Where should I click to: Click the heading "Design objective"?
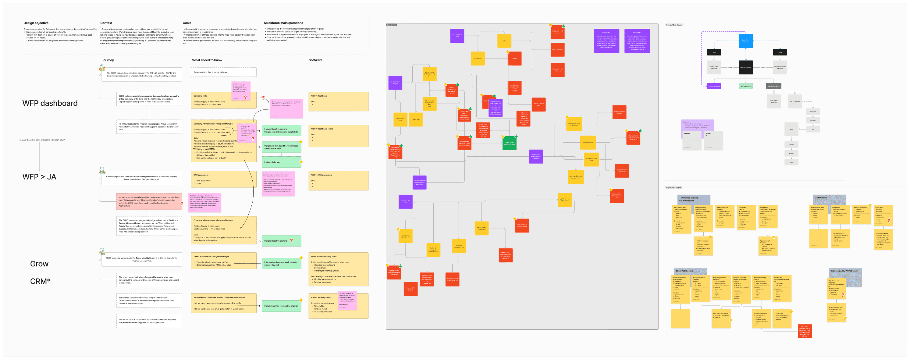[36, 23]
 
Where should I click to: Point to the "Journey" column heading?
[108, 60]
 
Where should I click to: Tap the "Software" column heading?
[315, 60]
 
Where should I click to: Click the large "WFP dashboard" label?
[50, 103]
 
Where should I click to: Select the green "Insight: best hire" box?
[281, 306]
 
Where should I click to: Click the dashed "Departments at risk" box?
[223, 72]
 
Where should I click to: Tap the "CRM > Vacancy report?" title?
[322, 297]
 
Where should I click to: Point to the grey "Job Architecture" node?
[795, 101]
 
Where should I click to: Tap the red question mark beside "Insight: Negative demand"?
[291, 241]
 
